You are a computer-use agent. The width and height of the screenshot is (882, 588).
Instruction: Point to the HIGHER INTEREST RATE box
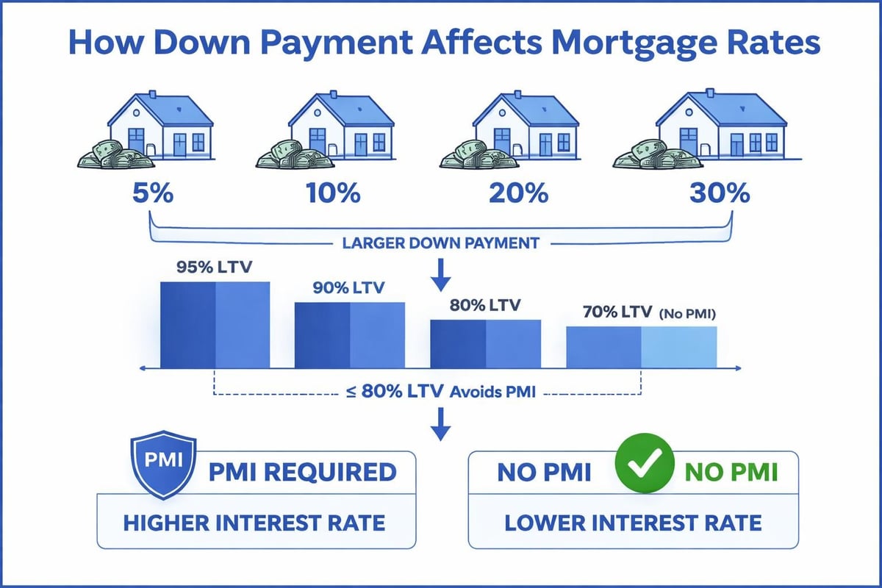pos(254,523)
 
